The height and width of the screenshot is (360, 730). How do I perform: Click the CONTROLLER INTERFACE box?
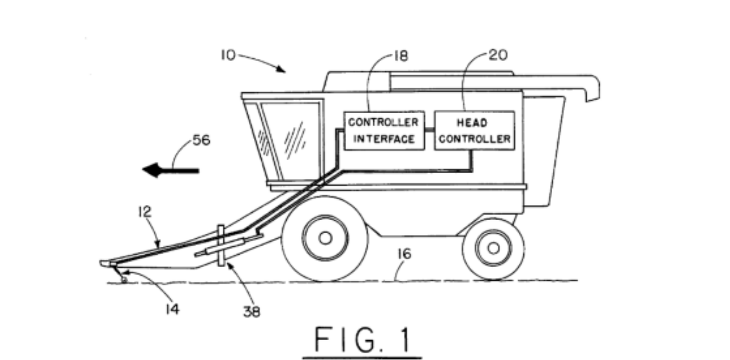coord(384,130)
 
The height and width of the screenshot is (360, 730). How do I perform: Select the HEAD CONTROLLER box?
coord(474,130)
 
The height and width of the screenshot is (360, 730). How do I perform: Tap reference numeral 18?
coord(401,56)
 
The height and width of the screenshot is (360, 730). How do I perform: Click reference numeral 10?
coord(228,55)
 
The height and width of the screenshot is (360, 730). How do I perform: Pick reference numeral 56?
coord(201,140)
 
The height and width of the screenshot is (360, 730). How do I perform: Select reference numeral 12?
coord(144,211)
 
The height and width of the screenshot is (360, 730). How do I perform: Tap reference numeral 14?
coord(172,309)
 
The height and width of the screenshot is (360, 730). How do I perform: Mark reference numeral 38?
coord(251,311)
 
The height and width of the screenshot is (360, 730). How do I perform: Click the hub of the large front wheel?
coord(325,238)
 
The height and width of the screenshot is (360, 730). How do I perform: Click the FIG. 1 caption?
coord(362,340)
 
